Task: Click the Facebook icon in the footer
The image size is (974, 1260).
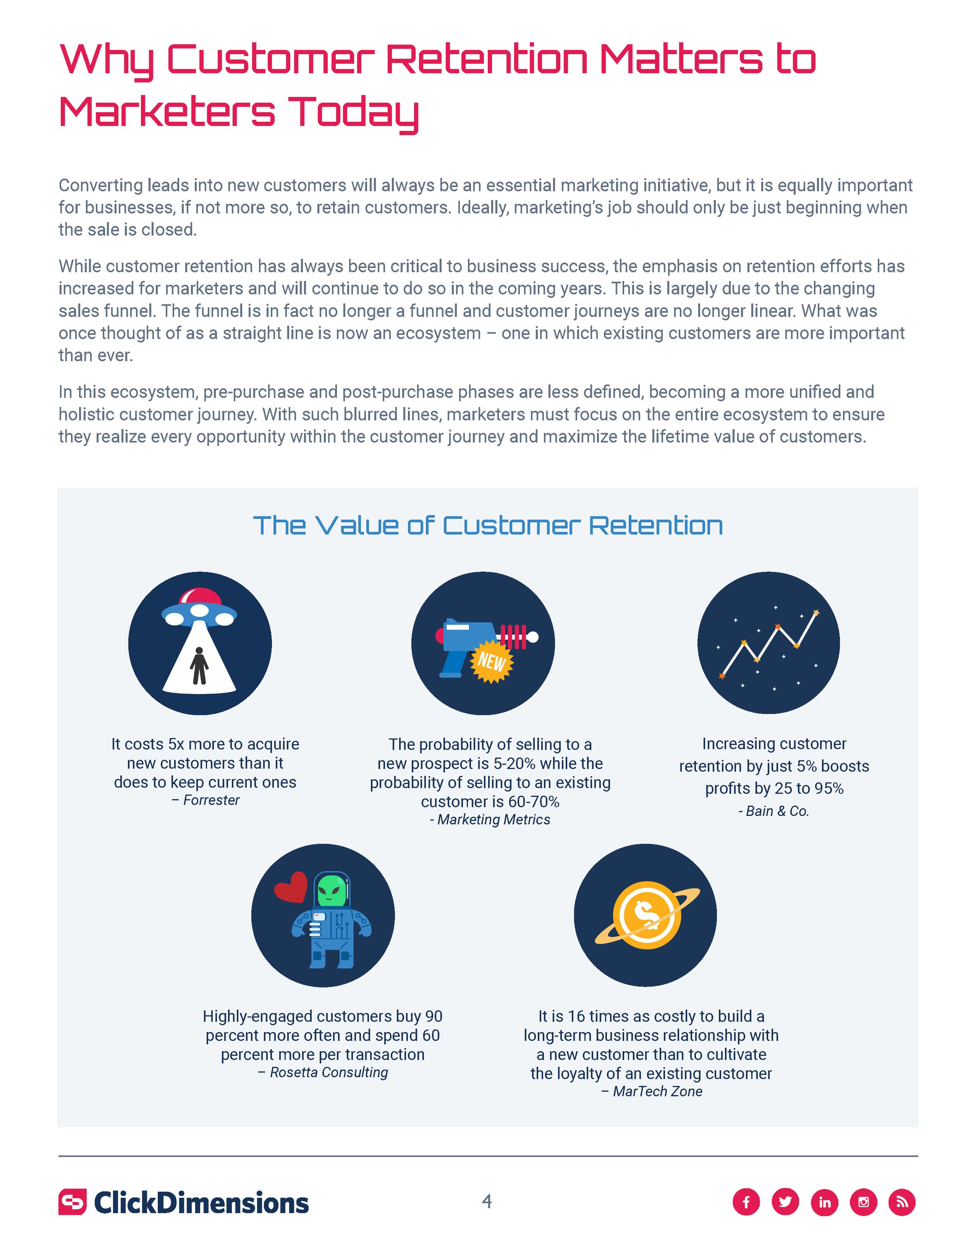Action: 746,1202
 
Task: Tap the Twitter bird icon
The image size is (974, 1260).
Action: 785,1202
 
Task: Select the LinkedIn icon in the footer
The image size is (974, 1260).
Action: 824,1202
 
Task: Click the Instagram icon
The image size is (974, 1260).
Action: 864,1202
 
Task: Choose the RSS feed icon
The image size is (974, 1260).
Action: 902,1202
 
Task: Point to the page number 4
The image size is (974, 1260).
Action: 487,1201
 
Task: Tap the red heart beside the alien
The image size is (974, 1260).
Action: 291,887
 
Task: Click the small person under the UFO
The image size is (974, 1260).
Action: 199,665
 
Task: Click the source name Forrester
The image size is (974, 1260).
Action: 211,800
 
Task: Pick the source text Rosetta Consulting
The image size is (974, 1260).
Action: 328,1073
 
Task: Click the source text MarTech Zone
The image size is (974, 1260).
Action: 657,1091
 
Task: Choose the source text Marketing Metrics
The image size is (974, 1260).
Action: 493,820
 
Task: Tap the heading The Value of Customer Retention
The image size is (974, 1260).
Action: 487,525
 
